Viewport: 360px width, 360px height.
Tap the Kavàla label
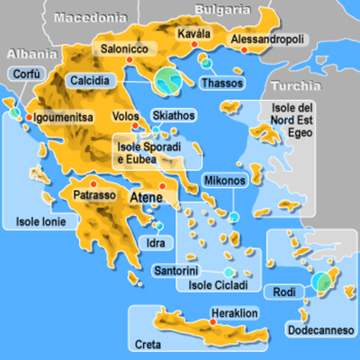(194, 34)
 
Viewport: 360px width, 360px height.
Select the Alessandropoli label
(268, 40)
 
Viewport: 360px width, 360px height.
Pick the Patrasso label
(94, 194)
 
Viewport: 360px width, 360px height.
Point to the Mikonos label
(224, 181)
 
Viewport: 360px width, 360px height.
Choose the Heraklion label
(235, 314)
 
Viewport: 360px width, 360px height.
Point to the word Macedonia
(90, 16)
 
